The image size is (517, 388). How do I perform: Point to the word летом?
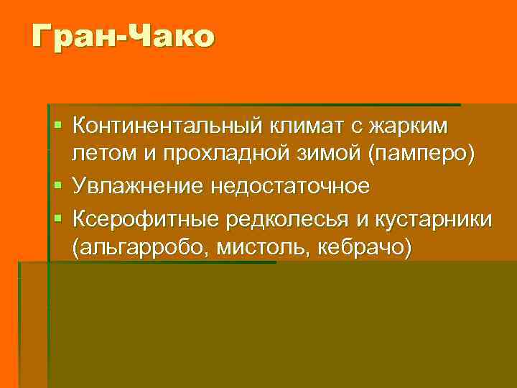(x=101, y=156)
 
